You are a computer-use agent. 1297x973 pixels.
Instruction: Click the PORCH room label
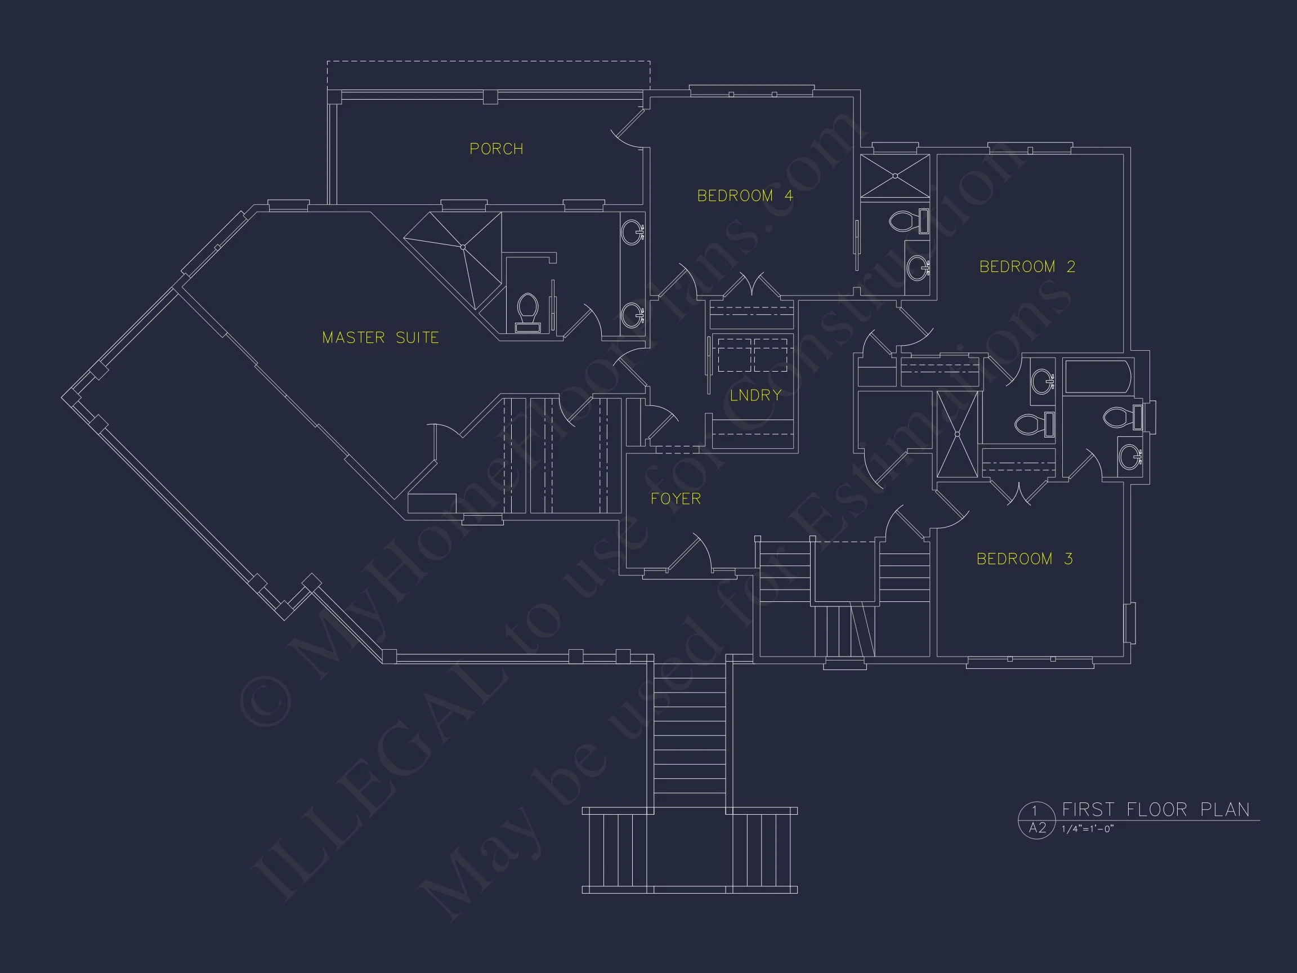pos(496,149)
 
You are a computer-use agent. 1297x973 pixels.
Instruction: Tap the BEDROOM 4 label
pos(745,196)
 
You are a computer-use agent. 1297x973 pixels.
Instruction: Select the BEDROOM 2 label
pos(1027,267)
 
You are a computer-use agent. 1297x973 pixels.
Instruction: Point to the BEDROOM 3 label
pos(1025,559)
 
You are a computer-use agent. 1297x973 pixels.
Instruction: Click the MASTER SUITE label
pos(381,338)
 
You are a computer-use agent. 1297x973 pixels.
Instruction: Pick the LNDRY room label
pos(755,395)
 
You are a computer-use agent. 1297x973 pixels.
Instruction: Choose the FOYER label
pos(676,498)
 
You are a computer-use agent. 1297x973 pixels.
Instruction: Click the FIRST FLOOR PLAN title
pos(1156,810)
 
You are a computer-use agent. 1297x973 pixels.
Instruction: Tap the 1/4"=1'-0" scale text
pos(1087,829)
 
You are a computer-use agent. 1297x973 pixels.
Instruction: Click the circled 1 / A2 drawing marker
pos(1037,820)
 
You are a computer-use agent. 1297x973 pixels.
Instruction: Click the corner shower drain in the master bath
pos(463,247)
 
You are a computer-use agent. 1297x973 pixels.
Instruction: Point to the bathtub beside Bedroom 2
pos(1097,376)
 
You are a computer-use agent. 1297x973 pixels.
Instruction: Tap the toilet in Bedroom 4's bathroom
pos(907,221)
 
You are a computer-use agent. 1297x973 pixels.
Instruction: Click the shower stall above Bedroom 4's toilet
pos(895,175)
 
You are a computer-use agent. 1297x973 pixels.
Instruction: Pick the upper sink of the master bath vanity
pos(633,231)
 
